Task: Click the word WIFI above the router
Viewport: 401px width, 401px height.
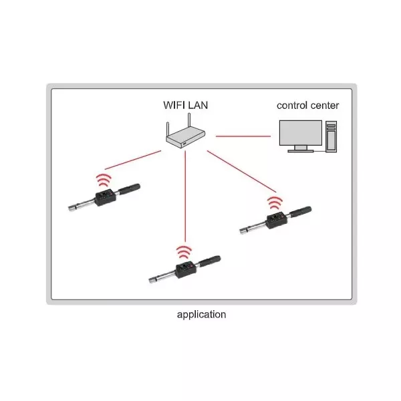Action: coord(176,105)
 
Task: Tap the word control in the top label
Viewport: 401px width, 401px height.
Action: coord(294,105)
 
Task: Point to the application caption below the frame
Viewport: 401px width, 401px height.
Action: coord(201,314)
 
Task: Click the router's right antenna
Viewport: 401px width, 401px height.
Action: coord(190,122)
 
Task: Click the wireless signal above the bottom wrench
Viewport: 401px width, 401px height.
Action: coord(184,253)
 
